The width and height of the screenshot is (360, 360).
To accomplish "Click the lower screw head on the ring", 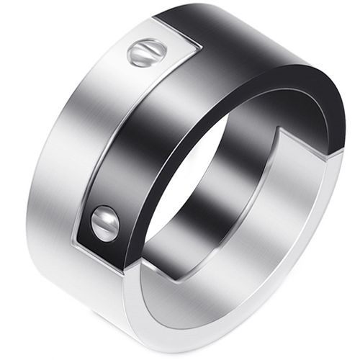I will [106, 223].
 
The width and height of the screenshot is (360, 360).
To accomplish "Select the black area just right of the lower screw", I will [130, 230].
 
